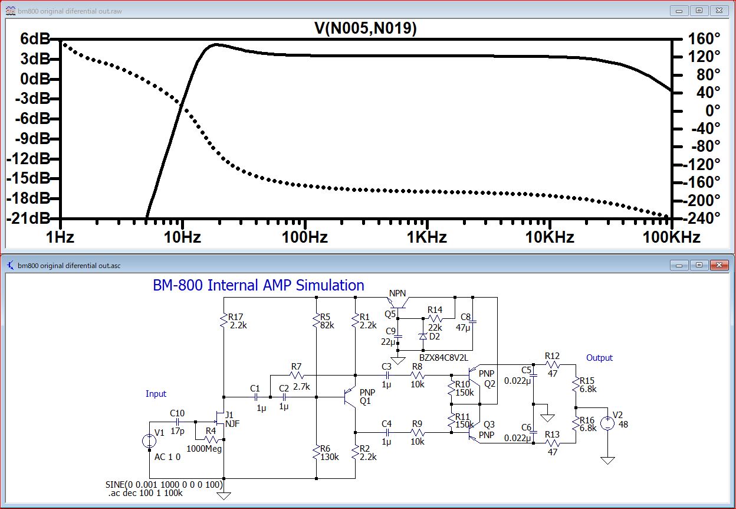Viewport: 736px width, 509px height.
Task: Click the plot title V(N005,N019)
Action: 366,28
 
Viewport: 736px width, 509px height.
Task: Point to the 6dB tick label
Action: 35,39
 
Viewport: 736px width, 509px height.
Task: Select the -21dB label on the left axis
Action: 28,218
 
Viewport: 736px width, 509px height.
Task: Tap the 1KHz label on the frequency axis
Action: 427,237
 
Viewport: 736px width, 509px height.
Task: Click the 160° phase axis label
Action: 704,39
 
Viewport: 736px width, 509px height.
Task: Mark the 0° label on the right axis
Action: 712,110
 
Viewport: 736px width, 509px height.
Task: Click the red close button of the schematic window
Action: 719,265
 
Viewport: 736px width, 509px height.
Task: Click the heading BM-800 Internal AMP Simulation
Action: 258,285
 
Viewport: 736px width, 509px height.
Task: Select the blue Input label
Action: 156,394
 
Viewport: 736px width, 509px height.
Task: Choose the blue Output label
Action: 599,358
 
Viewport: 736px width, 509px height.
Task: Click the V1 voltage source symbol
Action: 149,441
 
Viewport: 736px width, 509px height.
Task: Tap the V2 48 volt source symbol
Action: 607,423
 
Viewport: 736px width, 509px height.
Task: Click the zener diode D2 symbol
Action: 423,336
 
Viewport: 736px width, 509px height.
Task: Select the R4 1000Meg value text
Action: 204,449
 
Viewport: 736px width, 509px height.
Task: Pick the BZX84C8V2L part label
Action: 443,358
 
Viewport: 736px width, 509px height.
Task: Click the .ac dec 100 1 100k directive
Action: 145,493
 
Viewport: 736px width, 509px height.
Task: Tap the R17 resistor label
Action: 235,317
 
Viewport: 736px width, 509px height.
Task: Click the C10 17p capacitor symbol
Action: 178,422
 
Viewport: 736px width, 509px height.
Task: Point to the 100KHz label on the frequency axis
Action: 671,237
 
